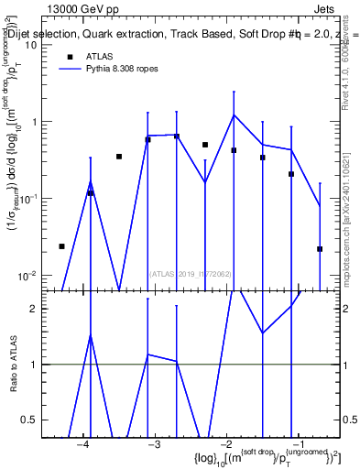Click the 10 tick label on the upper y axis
coord(30,46)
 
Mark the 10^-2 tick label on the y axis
coord(27,276)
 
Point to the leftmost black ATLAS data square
coord(61,246)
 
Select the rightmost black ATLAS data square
coord(320,249)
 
